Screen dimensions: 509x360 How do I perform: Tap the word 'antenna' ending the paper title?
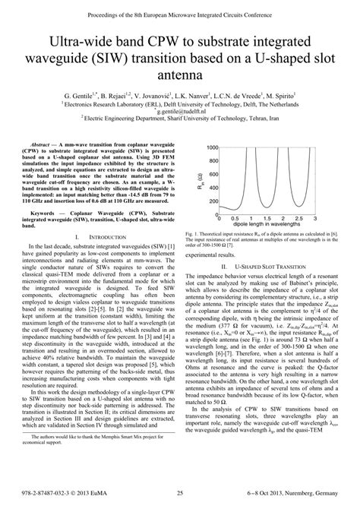[x=180, y=76]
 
